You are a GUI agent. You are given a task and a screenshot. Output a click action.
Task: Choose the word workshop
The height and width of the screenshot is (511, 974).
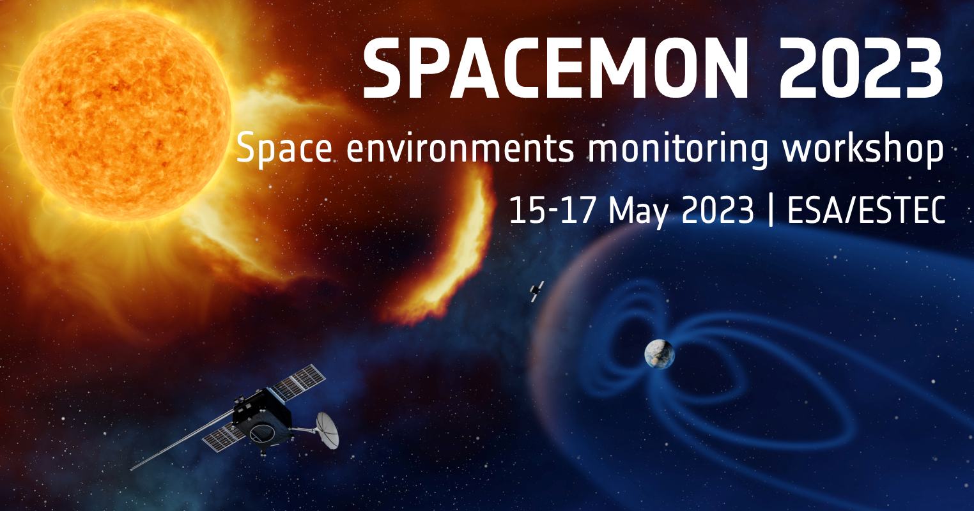863,149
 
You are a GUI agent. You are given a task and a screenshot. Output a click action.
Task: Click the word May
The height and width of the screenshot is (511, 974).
638,211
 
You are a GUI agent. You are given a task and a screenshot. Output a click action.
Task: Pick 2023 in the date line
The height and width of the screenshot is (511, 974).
718,210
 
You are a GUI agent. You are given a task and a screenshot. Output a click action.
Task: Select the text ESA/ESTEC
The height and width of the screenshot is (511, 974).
866,210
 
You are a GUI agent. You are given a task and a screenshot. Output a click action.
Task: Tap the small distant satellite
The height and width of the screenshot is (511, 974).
536,292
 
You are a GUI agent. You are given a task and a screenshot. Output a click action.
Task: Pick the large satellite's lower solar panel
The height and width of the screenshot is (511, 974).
224,438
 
